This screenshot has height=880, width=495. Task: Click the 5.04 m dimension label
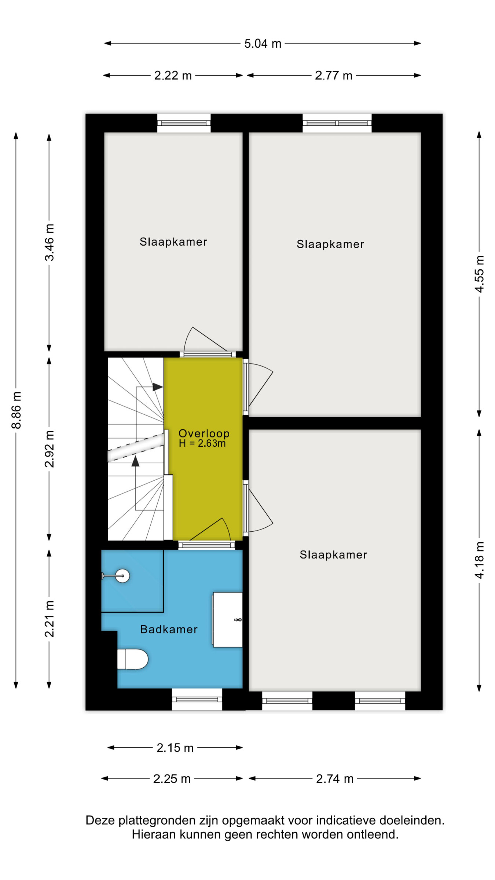[263, 44]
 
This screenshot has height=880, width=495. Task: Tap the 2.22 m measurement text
[173, 76]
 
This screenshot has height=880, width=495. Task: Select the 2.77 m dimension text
[334, 76]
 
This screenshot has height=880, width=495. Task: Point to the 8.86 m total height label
[16, 410]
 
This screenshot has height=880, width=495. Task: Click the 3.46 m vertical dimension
[49, 242]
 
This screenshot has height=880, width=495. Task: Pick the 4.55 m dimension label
[479, 274]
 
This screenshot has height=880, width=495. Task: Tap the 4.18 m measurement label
[479, 560]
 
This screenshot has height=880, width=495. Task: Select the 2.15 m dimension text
[175, 748]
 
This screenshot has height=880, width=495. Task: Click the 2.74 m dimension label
[335, 778]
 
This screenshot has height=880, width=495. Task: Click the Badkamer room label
[169, 630]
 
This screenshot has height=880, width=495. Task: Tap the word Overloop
[204, 433]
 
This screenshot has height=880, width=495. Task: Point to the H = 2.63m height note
[202, 443]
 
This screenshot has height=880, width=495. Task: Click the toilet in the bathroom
[132, 659]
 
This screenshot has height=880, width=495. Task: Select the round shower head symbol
[122, 576]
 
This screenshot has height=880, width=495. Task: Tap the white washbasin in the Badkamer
[227, 620]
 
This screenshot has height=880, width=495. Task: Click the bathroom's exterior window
[197, 699]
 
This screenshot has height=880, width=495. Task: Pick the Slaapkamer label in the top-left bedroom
[173, 242]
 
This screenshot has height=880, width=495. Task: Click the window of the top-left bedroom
[184, 123]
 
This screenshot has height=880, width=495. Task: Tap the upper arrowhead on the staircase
[158, 387]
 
